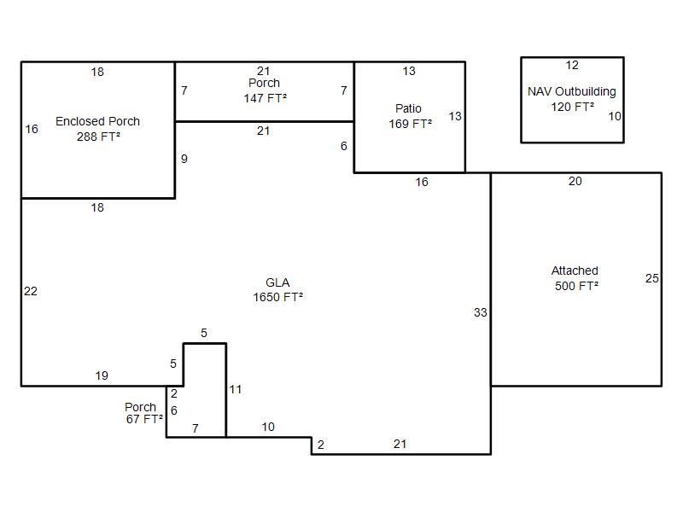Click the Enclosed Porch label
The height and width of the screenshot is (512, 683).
[97, 121]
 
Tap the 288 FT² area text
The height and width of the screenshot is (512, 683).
[98, 137]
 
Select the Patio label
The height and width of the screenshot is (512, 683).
[408, 108]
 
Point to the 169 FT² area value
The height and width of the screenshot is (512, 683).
[411, 124]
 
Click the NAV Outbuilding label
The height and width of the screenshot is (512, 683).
[571, 91]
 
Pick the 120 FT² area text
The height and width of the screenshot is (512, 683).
[572, 107]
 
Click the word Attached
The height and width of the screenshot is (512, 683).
[575, 271]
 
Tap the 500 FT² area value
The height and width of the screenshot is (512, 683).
[577, 286]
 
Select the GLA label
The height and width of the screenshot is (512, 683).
[277, 282]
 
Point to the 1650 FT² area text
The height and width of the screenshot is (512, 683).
[278, 297]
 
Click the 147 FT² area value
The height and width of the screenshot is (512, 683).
[266, 98]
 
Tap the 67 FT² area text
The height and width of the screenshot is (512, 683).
[144, 419]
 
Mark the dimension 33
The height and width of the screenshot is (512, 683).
[481, 312]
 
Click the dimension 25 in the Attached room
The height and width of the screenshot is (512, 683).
[652, 278]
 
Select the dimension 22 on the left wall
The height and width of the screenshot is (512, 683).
[31, 291]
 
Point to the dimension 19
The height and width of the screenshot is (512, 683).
[102, 375]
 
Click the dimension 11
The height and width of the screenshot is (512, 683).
[236, 389]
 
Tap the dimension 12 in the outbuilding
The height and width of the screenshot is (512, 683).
[572, 66]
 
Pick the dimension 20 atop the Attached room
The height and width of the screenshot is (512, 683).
[575, 181]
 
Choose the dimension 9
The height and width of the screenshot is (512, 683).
[184, 159]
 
